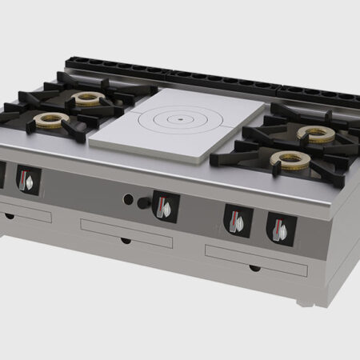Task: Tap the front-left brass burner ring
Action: [51, 121]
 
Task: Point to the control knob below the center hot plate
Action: [165, 206]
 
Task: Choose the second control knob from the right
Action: [238, 219]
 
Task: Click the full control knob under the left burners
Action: [27, 180]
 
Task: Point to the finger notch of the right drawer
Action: [254, 267]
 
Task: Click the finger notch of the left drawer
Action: [9, 216]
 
